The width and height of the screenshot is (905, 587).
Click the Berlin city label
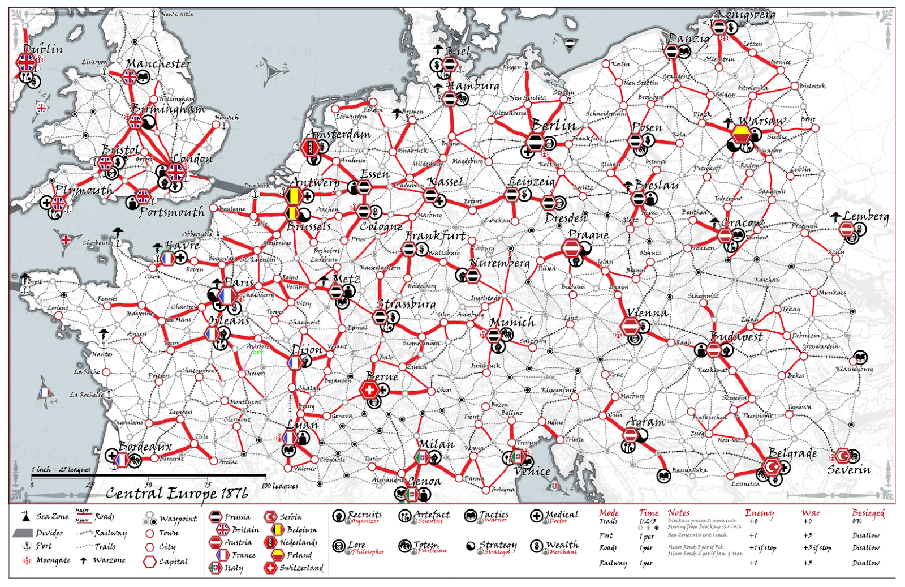[x=553, y=126]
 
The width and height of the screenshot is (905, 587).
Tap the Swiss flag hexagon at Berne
[x=369, y=390]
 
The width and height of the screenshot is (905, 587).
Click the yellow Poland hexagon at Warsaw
[x=741, y=134]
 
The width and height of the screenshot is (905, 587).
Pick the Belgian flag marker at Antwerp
[x=292, y=196]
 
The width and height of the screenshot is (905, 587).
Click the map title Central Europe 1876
[x=176, y=493]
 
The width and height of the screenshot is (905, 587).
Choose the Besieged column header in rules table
[x=868, y=513]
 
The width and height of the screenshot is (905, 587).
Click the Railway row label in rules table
[x=613, y=563]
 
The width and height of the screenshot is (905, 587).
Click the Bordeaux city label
[x=145, y=447]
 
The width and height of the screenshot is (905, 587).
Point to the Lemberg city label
[x=865, y=216]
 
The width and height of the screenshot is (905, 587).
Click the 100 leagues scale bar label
[x=280, y=486]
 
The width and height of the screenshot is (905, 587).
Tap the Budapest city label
[x=736, y=336]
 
